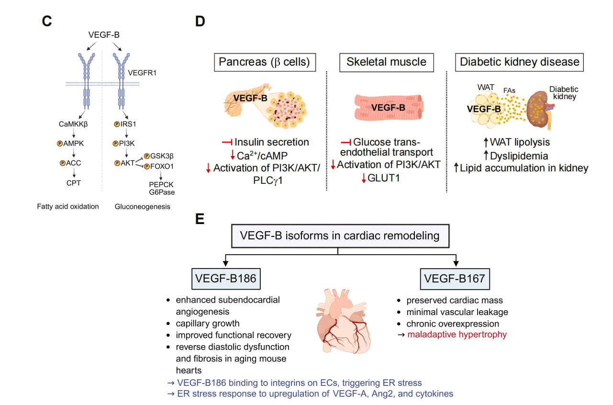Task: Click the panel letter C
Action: click(x=46, y=22)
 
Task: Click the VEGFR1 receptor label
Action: click(x=142, y=73)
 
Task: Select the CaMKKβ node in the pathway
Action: click(x=74, y=124)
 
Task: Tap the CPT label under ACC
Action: click(x=74, y=182)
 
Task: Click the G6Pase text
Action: click(x=161, y=192)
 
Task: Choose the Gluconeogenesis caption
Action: click(x=143, y=207)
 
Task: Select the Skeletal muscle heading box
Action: click(x=386, y=62)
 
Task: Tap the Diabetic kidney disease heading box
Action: click(x=519, y=62)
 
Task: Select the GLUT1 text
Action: click(x=386, y=179)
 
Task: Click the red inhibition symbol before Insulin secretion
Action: click(x=227, y=142)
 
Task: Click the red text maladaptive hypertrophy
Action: click(x=457, y=334)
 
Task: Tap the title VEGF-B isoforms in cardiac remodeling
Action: click(x=340, y=236)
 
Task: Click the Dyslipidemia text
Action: click(x=520, y=156)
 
